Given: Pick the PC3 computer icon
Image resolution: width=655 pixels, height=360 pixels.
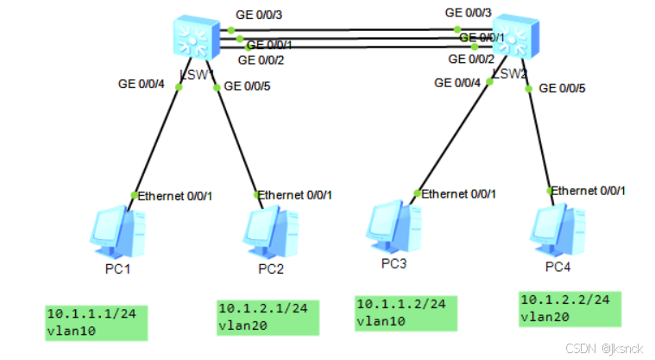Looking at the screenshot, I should point(393,224).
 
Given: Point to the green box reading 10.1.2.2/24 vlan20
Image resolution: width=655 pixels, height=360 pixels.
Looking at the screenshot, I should point(569,308).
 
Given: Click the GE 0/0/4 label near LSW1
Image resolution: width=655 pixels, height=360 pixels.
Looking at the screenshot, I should point(142,84).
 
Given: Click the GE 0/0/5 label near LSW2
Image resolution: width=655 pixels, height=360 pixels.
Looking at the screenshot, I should point(562,88).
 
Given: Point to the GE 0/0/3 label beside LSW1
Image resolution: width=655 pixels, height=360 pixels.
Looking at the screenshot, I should point(260,15).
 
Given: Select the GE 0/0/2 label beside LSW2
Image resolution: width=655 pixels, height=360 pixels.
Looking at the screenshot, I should point(471,59).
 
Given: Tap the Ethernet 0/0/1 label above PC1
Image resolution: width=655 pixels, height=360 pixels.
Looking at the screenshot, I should point(175,196).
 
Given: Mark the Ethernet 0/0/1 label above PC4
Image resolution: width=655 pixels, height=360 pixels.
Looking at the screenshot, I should point(589,190).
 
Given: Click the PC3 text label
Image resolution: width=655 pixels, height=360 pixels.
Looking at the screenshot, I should point(393,263).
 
